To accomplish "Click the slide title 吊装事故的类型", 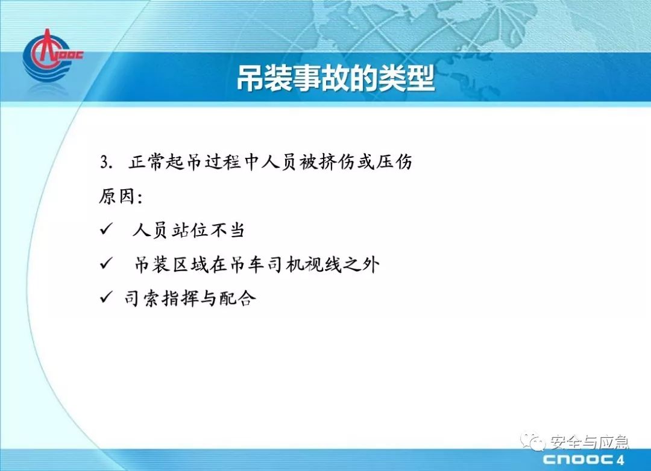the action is tap(336, 78).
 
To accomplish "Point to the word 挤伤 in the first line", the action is tap(337, 162).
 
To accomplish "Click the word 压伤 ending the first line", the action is tap(394, 162).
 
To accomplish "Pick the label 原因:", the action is tap(121, 196).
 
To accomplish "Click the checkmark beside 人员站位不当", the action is tap(106, 229).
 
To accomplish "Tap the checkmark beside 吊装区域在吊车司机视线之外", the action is tap(106, 263).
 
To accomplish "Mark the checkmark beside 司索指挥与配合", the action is tap(106, 297).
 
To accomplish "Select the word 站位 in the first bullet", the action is tap(189, 230).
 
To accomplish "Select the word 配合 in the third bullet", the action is tap(238, 298).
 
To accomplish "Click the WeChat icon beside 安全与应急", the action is tap(533, 441).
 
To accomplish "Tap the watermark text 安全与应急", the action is tap(590, 442).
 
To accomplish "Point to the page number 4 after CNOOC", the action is tap(621, 460).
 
